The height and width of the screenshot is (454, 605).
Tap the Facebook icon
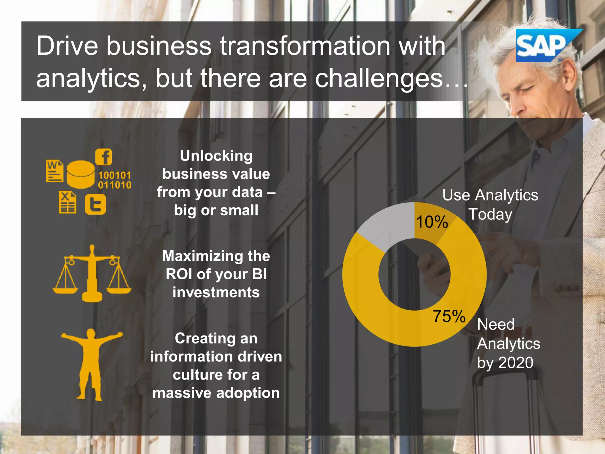tap(104, 157)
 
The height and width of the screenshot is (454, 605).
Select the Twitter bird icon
tap(95, 204)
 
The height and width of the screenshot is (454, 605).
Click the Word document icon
tap(55, 171)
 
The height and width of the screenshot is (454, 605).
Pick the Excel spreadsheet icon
tap(67, 202)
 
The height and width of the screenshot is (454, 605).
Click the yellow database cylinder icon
tap(80, 174)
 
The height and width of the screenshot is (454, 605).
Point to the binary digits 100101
tap(114, 175)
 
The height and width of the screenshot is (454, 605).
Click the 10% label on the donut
tap(432, 222)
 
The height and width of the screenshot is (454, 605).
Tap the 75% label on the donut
tap(449, 316)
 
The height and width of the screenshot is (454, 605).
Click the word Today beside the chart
tap(490, 214)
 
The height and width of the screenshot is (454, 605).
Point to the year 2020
tap(516, 363)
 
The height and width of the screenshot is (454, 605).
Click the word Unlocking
tap(216, 156)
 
